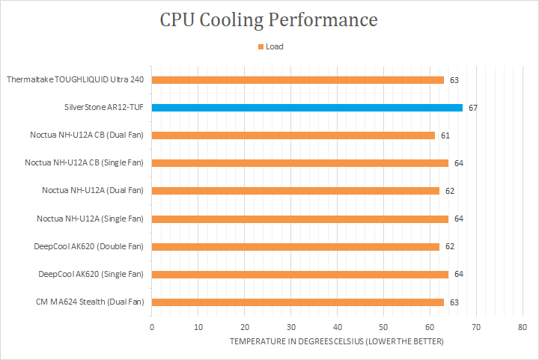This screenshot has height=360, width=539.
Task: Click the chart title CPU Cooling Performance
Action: pos(269,19)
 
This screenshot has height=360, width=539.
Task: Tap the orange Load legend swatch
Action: pos(261,46)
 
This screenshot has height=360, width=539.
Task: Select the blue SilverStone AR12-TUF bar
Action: pos(307,108)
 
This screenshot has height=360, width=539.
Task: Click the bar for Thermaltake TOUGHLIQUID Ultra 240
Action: pos(298,79)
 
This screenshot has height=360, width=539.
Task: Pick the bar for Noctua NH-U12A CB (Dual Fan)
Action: pos(293,135)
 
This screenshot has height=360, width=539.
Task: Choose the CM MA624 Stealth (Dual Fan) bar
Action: pos(298,302)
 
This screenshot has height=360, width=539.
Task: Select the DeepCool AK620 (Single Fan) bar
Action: pos(300,275)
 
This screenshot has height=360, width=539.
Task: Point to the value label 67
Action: pos(473,108)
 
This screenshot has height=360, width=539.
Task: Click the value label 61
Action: pos(445,135)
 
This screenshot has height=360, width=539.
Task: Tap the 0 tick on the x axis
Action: pos(152,327)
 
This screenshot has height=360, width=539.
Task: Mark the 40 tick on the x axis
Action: pos(338,327)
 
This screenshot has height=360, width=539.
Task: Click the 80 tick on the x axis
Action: pos(523,327)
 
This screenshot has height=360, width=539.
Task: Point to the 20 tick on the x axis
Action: pos(245,327)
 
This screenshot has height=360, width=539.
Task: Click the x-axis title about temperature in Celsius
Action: pos(337,341)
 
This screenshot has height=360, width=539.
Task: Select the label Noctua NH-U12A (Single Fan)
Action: pos(90,219)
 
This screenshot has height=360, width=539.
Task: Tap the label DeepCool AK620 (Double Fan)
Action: pos(88,246)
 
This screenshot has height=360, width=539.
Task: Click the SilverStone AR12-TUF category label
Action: pos(104,108)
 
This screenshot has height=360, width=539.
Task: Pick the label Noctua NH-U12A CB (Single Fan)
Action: pos(84,162)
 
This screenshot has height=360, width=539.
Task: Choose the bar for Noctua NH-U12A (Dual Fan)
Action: pos(296,191)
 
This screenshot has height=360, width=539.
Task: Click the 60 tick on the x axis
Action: pos(430,327)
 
